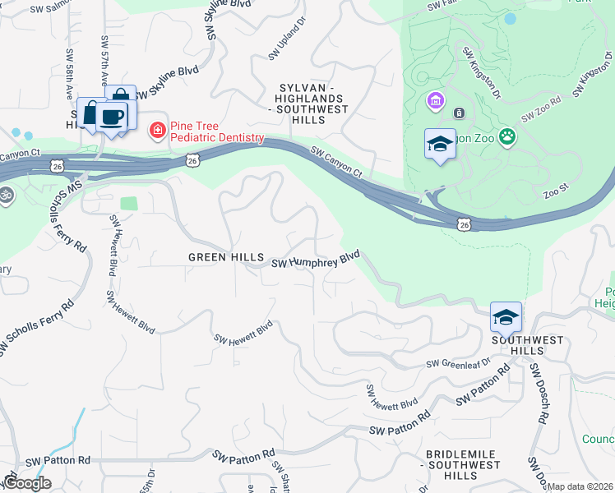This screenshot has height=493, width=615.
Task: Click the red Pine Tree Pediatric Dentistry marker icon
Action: click(156, 130)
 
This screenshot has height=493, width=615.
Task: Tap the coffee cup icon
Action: click(111, 116)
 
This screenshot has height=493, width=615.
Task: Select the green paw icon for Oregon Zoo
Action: click(508, 137)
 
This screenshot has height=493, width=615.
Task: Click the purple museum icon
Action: click(434, 101)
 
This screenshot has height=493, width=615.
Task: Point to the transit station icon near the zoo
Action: click(459, 113)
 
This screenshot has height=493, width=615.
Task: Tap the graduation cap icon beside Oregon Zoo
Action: click(440, 145)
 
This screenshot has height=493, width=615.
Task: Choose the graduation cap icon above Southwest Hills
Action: click(506, 316)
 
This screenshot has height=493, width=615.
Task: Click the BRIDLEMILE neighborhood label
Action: click(464, 464)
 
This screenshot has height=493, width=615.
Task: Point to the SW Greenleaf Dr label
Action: click(458, 362)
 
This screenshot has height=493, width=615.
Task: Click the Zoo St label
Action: click(556, 190)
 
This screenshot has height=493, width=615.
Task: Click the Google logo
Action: click(26, 483)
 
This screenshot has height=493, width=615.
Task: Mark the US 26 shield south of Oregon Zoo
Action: click(465, 223)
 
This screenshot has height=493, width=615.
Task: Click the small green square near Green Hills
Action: click(128, 203)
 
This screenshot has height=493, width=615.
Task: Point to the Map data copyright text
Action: click(580, 486)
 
